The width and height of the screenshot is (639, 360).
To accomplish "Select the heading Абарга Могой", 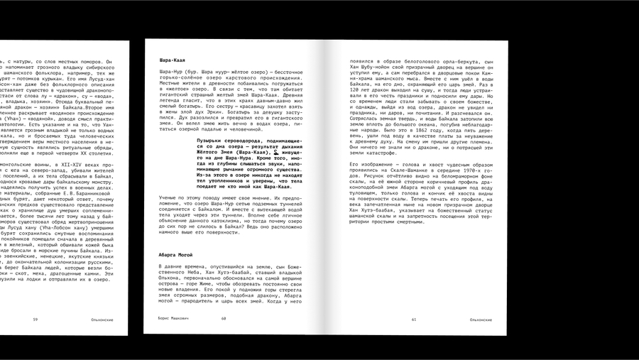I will point(175,253).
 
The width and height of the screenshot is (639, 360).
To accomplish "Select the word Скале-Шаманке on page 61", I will point(409,171).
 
